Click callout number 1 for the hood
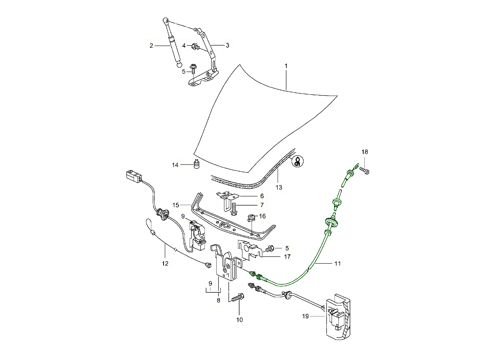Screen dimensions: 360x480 [286, 65]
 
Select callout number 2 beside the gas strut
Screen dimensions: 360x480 [151, 46]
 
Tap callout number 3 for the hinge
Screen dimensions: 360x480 [227, 46]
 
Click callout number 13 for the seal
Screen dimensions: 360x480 [278, 187]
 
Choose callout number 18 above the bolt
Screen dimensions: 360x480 [364, 152]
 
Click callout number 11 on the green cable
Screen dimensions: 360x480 [338, 264]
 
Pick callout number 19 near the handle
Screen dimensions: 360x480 [306, 316]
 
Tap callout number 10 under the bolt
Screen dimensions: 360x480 [239, 320]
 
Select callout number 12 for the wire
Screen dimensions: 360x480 [165, 264]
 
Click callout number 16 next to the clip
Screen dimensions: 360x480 [262, 216]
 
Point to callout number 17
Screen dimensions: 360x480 [287, 257]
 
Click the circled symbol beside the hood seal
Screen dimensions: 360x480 [298, 161]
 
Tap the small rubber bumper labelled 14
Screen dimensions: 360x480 [196, 164]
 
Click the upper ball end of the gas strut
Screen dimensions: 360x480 [166, 20]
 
